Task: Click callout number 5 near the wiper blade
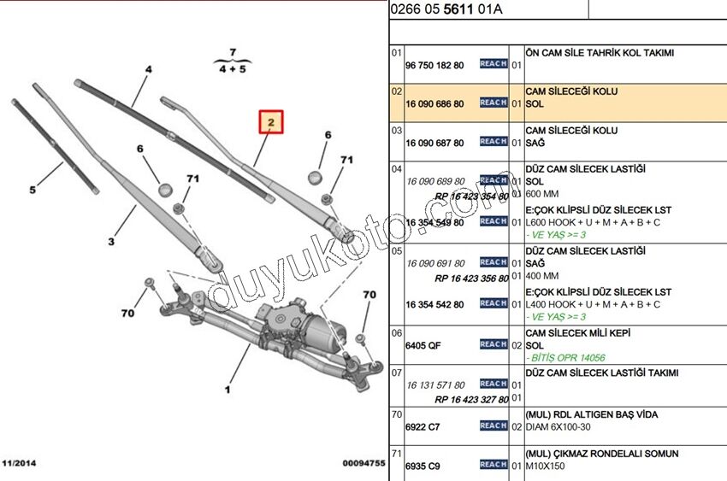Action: pyautogui.click(x=33, y=190)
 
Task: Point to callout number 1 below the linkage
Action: pyautogui.click(x=228, y=390)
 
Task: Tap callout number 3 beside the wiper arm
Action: pyautogui.click(x=111, y=242)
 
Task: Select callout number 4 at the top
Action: pyautogui.click(x=148, y=68)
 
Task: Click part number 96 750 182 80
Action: pyautogui.click(x=434, y=65)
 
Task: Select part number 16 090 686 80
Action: pyautogui.click(x=434, y=104)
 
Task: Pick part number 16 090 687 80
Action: pyautogui.click(x=434, y=144)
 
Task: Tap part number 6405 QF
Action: pyautogui.click(x=422, y=346)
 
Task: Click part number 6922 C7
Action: pyautogui.click(x=422, y=427)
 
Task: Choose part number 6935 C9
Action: pyautogui.click(x=422, y=466)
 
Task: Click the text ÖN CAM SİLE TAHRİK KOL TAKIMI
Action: pyautogui.click(x=600, y=52)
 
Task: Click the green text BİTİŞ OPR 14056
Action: pyautogui.click(x=567, y=358)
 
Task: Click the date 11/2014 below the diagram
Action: pyautogui.click(x=20, y=462)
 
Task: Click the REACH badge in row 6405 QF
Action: pyautogui.click(x=494, y=344)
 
